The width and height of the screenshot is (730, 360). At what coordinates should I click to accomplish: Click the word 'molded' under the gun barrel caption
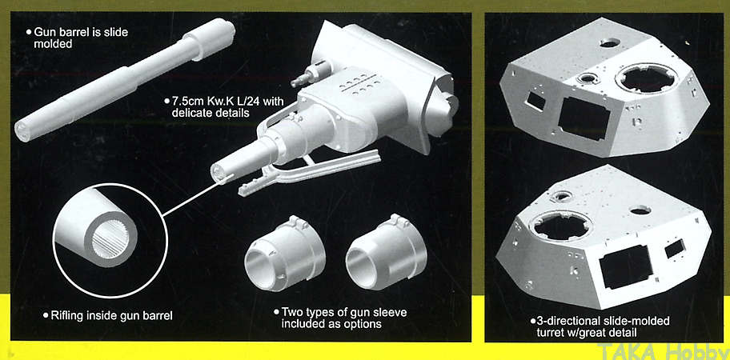point(53,45)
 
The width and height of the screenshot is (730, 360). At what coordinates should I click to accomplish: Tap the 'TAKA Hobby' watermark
point(664,350)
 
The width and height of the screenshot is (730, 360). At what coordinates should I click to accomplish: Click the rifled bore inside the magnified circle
point(110,238)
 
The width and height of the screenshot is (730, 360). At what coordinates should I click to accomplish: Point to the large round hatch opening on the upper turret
point(648,79)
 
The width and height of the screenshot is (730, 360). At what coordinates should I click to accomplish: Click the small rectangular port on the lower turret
point(675,250)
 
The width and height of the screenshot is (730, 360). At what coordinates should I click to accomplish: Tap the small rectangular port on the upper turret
point(535,101)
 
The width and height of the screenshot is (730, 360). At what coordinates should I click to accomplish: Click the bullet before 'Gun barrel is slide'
point(29,33)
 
